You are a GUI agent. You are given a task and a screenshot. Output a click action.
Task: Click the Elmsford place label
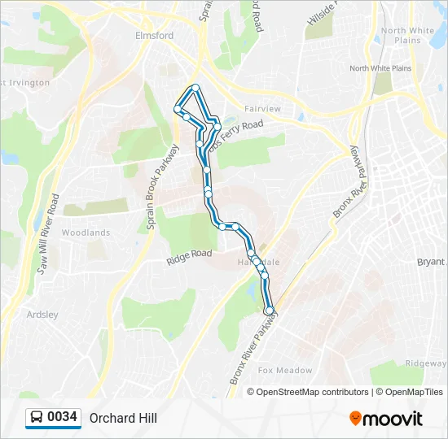pyautogui.click(x=154, y=36)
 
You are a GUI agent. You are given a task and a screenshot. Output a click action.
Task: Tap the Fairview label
pyautogui.click(x=262, y=108)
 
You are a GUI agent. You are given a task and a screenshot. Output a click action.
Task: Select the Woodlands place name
pyautogui.click(x=86, y=233)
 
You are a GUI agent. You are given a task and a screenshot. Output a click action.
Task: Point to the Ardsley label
pyautogui.click(x=42, y=314)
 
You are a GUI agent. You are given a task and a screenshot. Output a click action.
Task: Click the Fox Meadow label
pyautogui.click(x=285, y=371)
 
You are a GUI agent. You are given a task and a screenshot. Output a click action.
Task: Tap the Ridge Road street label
pyautogui.click(x=189, y=257)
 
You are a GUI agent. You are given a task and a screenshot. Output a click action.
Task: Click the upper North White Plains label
pyautogui.click(x=407, y=35)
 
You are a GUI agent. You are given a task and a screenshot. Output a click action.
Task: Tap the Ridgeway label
pyautogui.click(x=426, y=363)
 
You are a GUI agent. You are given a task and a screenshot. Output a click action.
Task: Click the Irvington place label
pyautogui.click(x=28, y=83)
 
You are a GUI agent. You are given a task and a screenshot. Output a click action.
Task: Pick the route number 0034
pyautogui.click(x=63, y=418)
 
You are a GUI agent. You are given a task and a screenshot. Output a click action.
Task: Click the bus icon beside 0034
pyautogui.click(x=37, y=418)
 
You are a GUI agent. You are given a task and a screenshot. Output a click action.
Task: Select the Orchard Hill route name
pyautogui.click(x=123, y=418)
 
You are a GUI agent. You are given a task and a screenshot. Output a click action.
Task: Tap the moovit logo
pyautogui.click(x=386, y=419)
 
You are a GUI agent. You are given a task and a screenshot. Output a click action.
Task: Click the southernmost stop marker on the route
pyautogui.click(x=270, y=310)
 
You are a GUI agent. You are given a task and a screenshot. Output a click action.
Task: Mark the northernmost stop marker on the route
pyautogui.click(x=195, y=88)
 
